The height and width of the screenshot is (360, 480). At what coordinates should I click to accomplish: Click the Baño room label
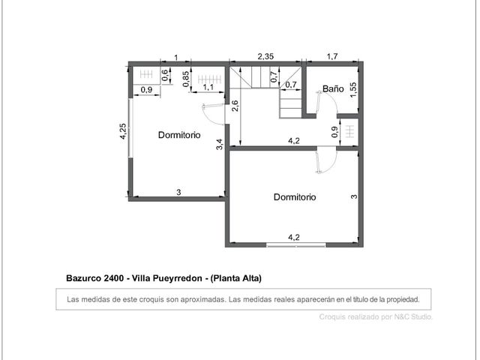[333, 88]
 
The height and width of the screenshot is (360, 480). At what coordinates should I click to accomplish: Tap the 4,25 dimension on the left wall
[123, 131]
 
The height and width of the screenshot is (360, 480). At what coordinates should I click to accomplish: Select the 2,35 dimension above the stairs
[265, 57]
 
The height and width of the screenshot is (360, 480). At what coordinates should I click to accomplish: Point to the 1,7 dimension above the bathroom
[332, 57]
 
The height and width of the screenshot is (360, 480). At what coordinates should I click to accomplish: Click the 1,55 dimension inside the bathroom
[353, 90]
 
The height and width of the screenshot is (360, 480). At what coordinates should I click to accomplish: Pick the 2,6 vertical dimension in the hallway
[235, 106]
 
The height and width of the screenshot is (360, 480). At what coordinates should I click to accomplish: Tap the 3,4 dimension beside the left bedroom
[220, 144]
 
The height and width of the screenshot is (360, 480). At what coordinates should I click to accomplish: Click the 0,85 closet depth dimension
[186, 79]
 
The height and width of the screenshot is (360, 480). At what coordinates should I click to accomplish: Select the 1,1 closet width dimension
[208, 88]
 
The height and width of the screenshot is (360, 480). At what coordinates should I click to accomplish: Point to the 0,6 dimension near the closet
[165, 75]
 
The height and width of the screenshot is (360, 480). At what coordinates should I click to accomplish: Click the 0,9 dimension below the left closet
[147, 90]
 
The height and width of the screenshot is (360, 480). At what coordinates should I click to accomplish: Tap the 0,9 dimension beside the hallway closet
[335, 132]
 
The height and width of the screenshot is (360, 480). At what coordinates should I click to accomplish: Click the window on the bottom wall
[295, 244]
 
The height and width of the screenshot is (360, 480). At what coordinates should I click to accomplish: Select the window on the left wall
[130, 127]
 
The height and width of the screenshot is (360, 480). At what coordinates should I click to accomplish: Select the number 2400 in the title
[113, 278]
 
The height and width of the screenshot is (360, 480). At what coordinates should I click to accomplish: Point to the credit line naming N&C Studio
[376, 316]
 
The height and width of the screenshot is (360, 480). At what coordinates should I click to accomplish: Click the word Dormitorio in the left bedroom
[179, 135]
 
